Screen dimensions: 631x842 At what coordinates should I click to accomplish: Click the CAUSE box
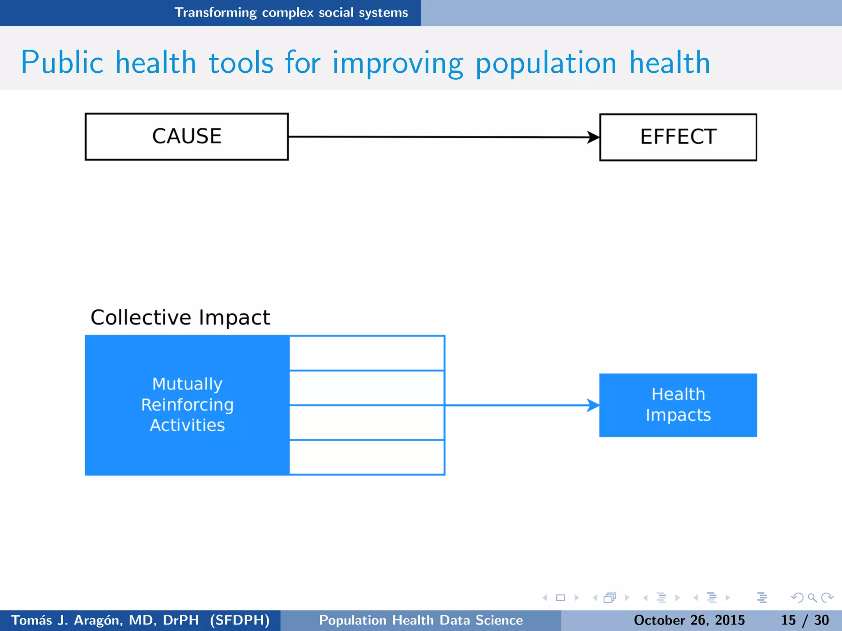point(186,137)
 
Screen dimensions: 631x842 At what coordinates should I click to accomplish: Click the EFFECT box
point(678,137)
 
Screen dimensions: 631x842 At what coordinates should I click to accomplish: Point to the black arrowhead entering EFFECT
point(593,137)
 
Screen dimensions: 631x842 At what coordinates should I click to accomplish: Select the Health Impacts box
point(678,405)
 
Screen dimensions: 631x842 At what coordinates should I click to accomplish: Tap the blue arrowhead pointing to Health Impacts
point(593,405)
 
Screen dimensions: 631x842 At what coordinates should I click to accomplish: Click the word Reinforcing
point(187,405)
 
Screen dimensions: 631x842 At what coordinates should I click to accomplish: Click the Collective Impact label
point(180,318)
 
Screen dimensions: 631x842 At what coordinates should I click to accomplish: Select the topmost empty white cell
point(366,353)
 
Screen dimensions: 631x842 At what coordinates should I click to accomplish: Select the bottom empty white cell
point(366,457)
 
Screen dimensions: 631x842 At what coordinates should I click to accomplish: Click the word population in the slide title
point(546,63)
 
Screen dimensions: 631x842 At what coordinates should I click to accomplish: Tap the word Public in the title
point(62,62)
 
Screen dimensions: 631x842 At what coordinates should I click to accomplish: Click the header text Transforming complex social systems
point(291,13)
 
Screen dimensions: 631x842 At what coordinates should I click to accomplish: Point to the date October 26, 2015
point(689,620)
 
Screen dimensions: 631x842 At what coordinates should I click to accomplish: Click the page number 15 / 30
point(805,620)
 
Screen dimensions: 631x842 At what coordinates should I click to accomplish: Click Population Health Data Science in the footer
point(421,620)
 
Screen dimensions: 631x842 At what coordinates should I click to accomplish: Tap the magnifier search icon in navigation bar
point(812,598)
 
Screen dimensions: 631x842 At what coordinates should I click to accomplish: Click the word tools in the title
point(241,62)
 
